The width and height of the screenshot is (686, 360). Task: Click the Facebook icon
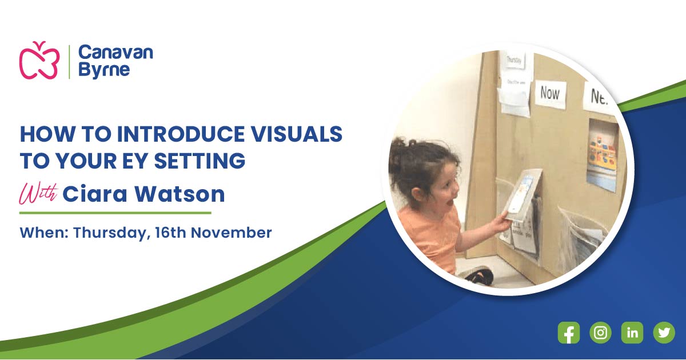pyautogui.click(x=569, y=333)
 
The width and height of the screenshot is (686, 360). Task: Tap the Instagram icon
pyautogui.click(x=600, y=333)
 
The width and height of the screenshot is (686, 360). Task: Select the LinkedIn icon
pyautogui.click(x=632, y=333)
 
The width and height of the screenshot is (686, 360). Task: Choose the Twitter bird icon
pyautogui.click(x=664, y=333)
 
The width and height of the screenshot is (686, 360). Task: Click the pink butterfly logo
pyautogui.click(x=39, y=60)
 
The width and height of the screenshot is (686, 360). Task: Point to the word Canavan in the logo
pyautogui.click(x=115, y=53)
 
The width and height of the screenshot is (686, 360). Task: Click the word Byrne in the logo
pyautogui.click(x=104, y=70)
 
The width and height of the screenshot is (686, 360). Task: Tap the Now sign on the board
pyautogui.click(x=550, y=93)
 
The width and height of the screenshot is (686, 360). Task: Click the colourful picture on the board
pyautogui.click(x=602, y=150)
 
